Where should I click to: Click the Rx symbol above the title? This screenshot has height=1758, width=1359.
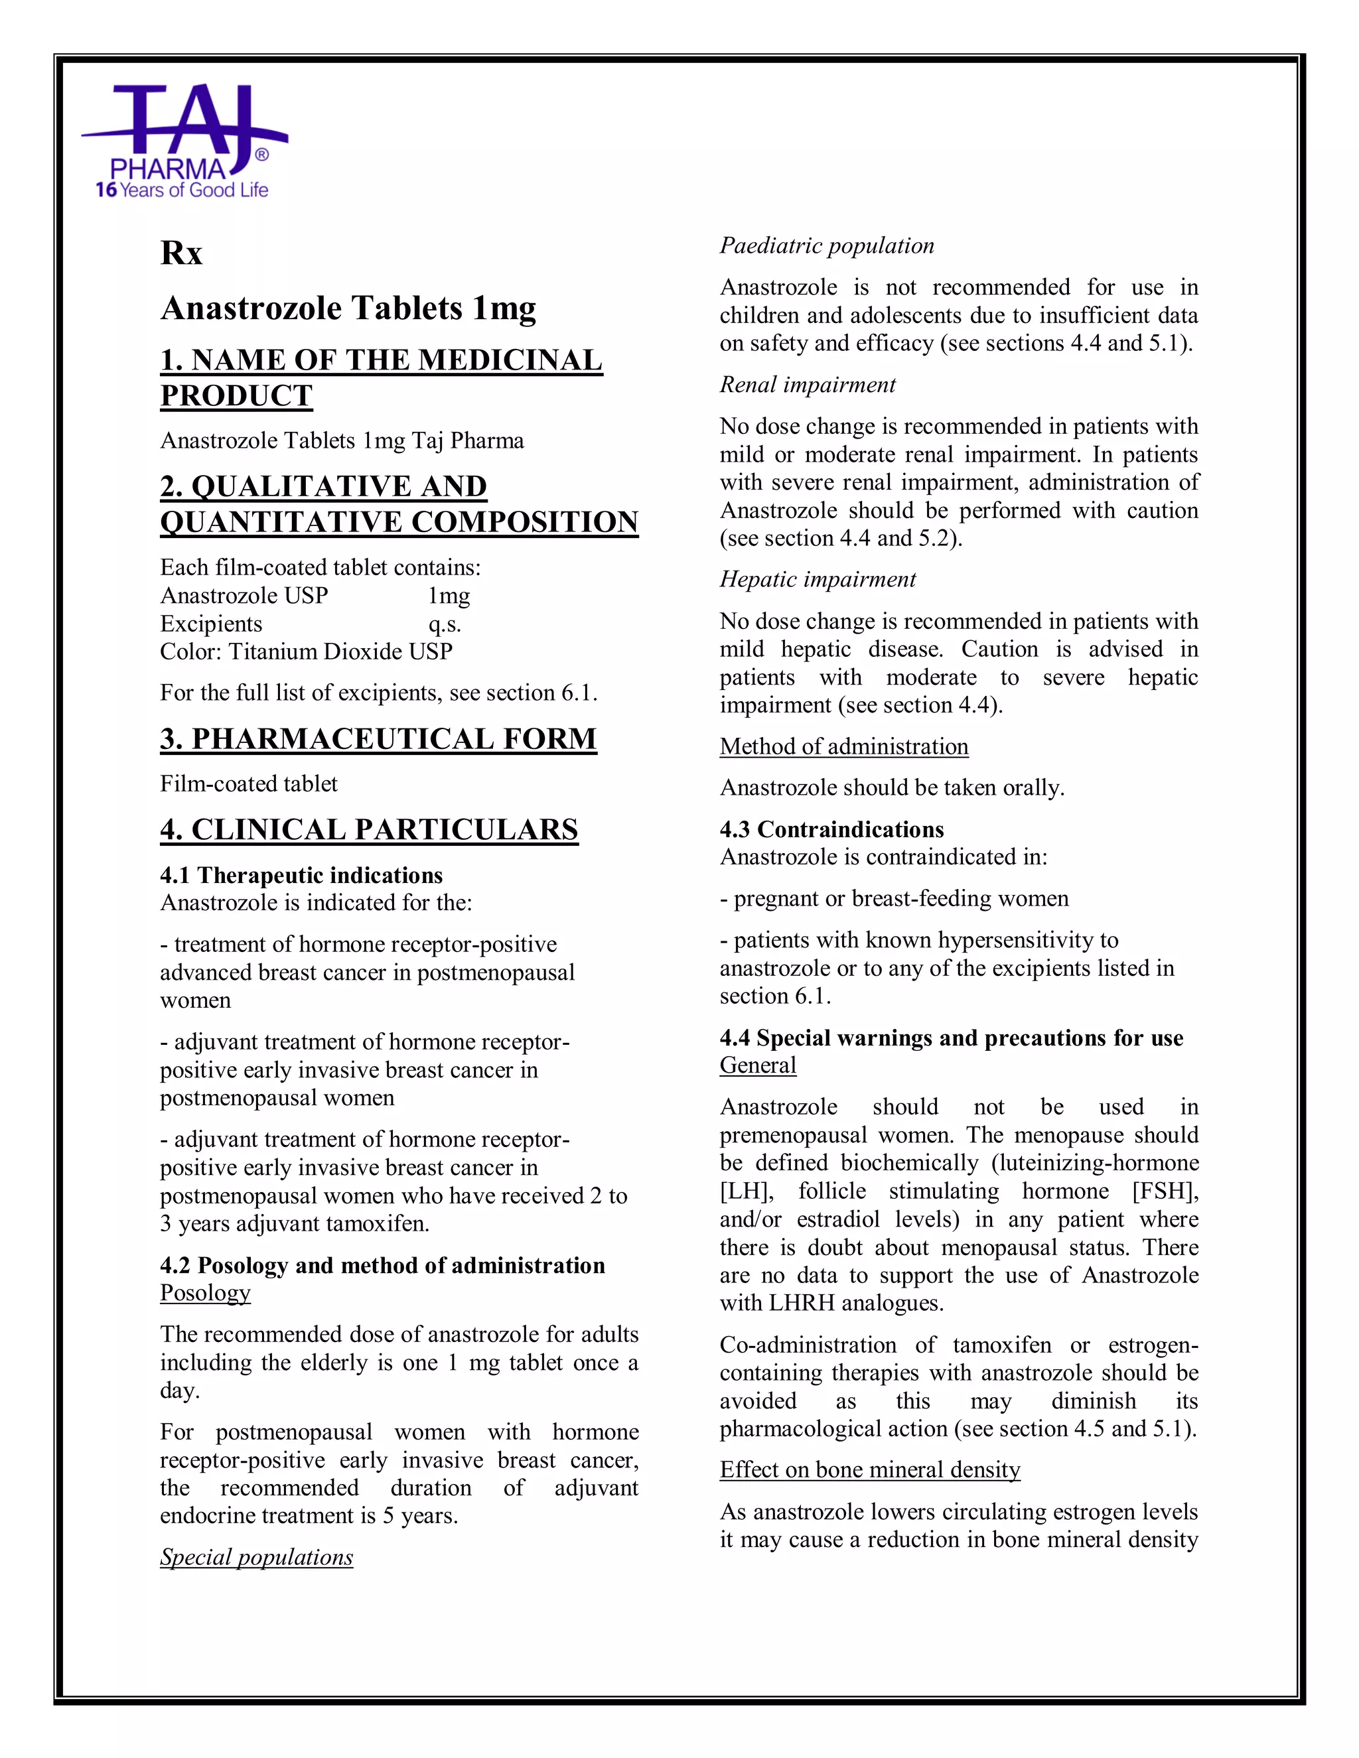(x=181, y=253)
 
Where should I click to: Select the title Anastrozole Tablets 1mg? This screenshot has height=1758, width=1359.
(x=348, y=308)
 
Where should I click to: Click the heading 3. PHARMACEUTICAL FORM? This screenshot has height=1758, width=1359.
(x=378, y=739)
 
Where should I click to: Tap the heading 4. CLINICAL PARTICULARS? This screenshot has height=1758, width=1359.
(x=369, y=830)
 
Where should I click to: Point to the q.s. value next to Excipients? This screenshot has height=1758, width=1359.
(x=445, y=624)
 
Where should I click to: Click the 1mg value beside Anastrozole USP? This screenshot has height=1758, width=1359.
(x=449, y=596)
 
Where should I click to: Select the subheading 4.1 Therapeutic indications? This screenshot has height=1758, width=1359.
(x=301, y=875)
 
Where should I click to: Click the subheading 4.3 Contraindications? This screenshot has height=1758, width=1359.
(x=831, y=829)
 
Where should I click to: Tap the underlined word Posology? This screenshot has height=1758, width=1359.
(x=205, y=1293)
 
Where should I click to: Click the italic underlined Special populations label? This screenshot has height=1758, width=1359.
(x=256, y=1557)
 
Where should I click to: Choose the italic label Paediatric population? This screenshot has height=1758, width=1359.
(x=827, y=245)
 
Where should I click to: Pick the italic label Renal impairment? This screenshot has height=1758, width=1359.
(x=808, y=385)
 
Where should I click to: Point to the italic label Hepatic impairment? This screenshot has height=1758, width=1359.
(x=817, y=580)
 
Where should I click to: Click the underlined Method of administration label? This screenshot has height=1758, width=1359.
(x=844, y=746)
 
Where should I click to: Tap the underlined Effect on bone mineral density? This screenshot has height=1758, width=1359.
(x=869, y=1470)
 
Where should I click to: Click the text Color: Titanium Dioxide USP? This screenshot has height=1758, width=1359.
(x=306, y=651)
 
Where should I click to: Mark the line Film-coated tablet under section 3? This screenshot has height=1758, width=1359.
(x=249, y=784)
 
